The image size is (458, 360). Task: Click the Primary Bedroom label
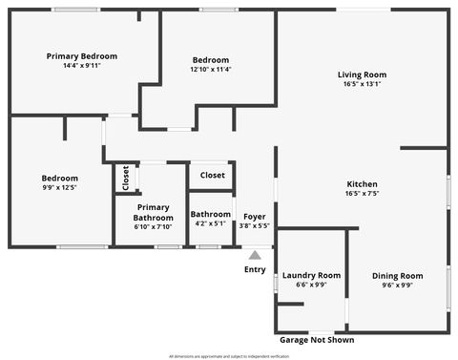(83, 56)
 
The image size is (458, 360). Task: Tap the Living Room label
(362, 74)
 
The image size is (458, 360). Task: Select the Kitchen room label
(362, 184)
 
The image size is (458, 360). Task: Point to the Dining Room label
(397, 276)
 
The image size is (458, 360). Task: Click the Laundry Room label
(311, 275)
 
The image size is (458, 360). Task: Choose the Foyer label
(254, 217)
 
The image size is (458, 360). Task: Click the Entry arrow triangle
(255, 255)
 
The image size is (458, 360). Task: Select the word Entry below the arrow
(255, 269)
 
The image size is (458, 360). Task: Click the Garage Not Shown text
(316, 339)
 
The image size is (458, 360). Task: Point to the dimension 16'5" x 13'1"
(362, 84)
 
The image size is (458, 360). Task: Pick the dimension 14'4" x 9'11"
(83, 66)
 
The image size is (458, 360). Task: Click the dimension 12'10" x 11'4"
(210, 69)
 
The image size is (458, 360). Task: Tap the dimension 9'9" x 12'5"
(59, 188)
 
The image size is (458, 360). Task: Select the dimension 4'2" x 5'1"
(210, 223)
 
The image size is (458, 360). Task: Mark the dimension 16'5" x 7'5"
(362, 194)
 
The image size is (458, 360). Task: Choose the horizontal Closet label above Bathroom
(213, 176)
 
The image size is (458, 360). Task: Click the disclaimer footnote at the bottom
(228, 355)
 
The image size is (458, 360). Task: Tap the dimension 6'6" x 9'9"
(311, 285)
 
